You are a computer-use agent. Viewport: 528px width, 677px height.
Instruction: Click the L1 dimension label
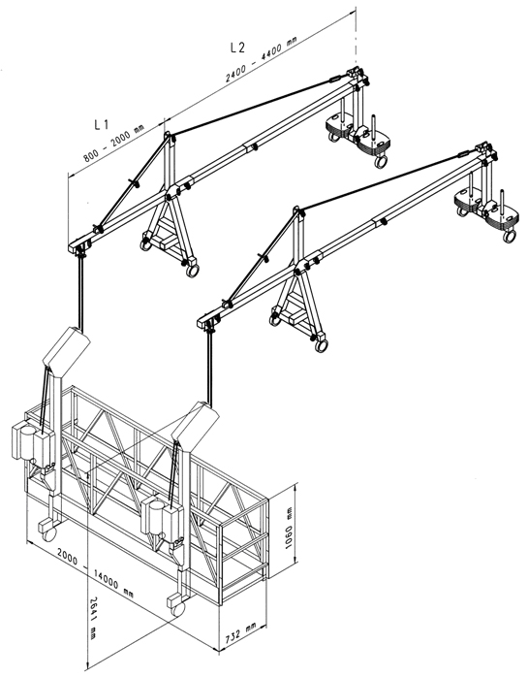pyautogui.click(x=102, y=125)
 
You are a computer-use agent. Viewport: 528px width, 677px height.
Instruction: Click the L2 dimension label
pyautogui.click(x=237, y=48)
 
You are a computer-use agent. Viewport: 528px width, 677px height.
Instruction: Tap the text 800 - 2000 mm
pyautogui.click(x=114, y=144)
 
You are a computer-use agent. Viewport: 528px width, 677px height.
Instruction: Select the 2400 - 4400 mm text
pyautogui.click(x=262, y=59)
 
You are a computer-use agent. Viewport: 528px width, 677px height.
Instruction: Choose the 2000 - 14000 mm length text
pyautogui.click(x=95, y=573)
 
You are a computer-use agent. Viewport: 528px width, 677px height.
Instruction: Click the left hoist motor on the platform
pyautogui.click(x=32, y=441)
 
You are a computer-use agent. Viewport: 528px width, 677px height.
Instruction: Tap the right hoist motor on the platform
pyautogui.click(x=162, y=519)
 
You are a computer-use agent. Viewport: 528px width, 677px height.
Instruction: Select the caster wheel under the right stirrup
pyautogui.click(x=177, y=608)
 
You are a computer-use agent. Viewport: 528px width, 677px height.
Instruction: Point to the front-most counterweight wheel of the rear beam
pyautogui.click(x=380, y=162)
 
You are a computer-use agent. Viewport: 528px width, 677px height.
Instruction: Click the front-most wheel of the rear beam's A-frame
pyautogui.click(x=192, y=271)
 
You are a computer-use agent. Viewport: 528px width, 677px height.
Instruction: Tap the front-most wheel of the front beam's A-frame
pyautogui.click(x=321, y=345)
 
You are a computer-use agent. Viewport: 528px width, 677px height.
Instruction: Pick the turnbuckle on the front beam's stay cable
pyautogui.click(x=463, y=153)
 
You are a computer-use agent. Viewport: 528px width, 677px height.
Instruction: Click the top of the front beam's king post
pyautogui.click(x=296, y=210)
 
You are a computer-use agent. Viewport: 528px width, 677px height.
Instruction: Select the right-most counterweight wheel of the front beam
pyautogui.click(x=510, y=236)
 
